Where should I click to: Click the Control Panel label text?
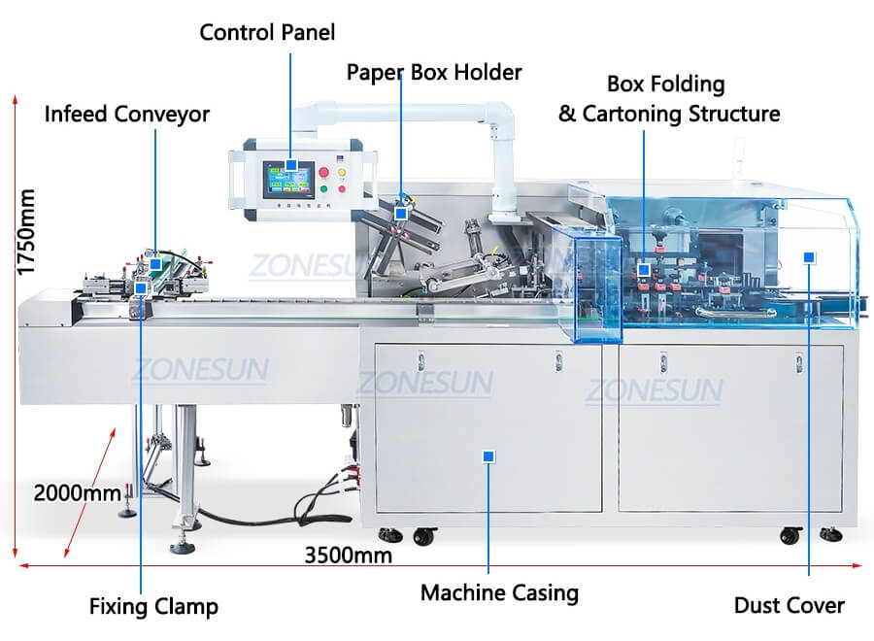(x=267, y=32)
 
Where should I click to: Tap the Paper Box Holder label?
(x=434, y=73)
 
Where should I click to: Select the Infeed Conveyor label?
(x=127, y=115)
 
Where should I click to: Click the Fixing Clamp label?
(x=153, y=608)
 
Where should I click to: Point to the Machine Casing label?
(x=499, y=592)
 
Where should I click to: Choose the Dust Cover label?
(x=789, y=606)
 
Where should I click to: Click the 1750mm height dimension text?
(x=26, y=232)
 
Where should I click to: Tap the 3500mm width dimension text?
(x=349, y=556)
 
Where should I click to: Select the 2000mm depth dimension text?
(x=78, y=492)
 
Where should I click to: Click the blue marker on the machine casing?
(x=488, y=455)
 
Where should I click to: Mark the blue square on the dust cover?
(x=809, y=256)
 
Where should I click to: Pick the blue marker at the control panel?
(x=290, y=166)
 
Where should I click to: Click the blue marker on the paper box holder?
(x=400, y=213)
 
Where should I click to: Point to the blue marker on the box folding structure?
(x=643, y=268)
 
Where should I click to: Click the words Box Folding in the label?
(x=666, y=84)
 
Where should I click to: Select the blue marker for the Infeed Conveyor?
(x=155, y=263)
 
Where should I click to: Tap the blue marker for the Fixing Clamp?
(x=142, y=287)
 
